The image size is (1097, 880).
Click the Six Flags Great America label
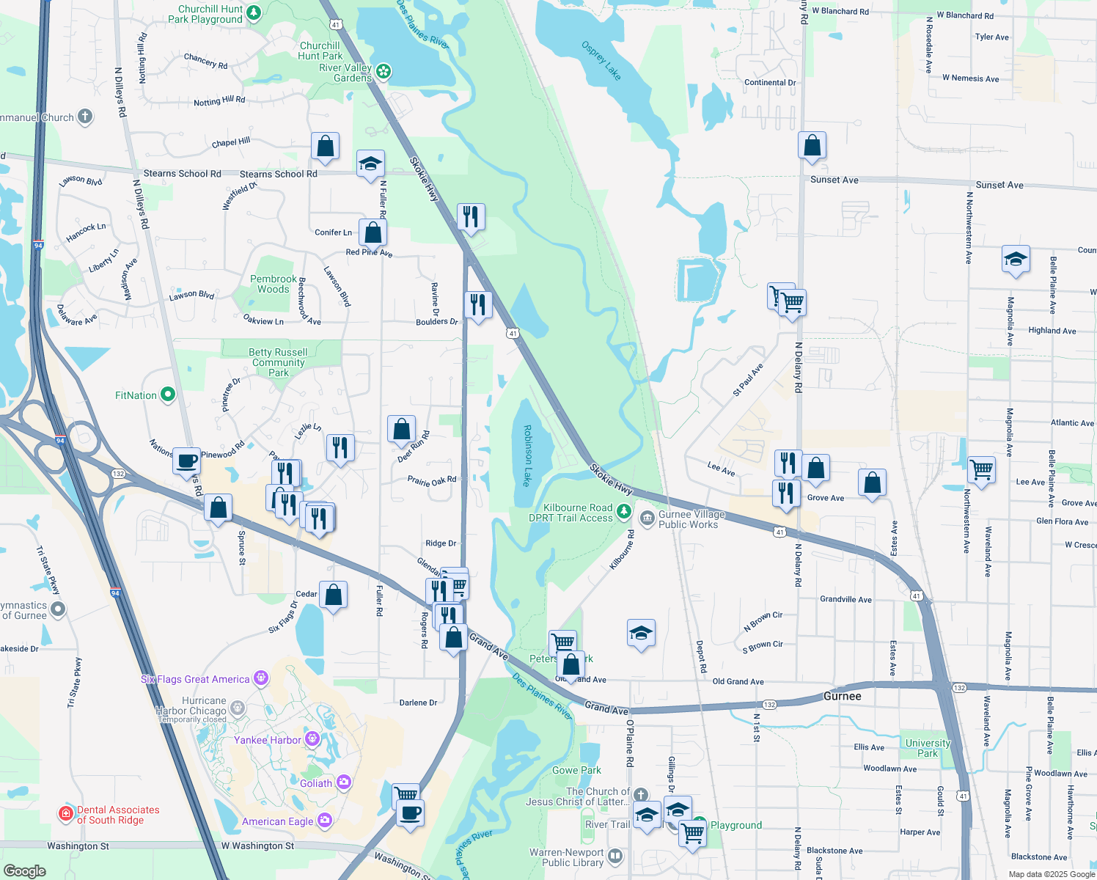coord(195,680)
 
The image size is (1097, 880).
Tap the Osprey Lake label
coord(601,61)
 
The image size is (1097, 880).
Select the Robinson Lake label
coord(527,455)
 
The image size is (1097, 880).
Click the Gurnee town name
coord(842,696)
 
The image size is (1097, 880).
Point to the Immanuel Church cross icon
coord(85,117)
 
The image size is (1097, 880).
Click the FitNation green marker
coord(168,395)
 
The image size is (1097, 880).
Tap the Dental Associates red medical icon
coord(65,813)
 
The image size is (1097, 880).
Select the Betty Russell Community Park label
coord(278,362)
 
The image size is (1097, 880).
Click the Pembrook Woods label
coord(274,284)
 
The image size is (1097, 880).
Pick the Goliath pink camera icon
coord(343,783)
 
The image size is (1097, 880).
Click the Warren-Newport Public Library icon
coord(615,856)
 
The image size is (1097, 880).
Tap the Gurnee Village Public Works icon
coord(647,518)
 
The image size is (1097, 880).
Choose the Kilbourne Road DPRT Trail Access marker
coord(623,511)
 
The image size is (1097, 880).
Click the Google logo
coord(25,870)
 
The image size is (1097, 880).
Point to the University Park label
coord(928,748)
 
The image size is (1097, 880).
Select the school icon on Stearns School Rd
coord(370,164)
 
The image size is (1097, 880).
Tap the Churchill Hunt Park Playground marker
coord(254,12)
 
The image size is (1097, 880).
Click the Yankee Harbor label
coord(267,740)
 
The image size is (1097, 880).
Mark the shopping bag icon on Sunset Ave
coord(812,145)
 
